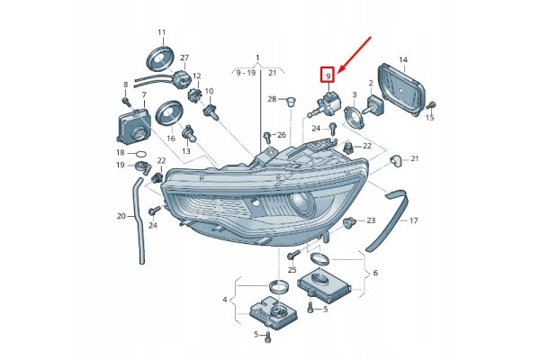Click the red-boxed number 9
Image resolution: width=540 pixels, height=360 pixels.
point(328,75)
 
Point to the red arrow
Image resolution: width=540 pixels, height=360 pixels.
point(355,54)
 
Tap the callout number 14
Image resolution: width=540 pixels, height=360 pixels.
point(403,59)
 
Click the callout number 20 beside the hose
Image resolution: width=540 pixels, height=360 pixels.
point(121,216)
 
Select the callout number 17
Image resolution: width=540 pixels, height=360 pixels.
point(414,220)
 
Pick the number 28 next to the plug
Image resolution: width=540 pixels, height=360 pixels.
point(272,99)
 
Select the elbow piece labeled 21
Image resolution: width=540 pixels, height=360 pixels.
point(395,160)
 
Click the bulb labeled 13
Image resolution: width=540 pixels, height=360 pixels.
point(188,134)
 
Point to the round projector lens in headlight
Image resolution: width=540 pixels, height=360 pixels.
point(301,204)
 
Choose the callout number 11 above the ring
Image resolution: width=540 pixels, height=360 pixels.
point(162,32)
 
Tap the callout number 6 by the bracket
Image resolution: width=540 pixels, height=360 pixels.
point(375,273)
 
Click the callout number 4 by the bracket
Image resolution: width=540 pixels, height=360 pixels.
point(224,300)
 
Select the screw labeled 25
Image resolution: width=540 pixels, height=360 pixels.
point(292,256)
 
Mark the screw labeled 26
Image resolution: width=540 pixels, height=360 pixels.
point(267,136)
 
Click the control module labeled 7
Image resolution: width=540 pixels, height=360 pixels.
point(134,126)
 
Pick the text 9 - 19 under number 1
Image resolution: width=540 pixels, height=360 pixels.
point(246,73)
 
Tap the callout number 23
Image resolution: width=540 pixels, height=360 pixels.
point(371,220)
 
